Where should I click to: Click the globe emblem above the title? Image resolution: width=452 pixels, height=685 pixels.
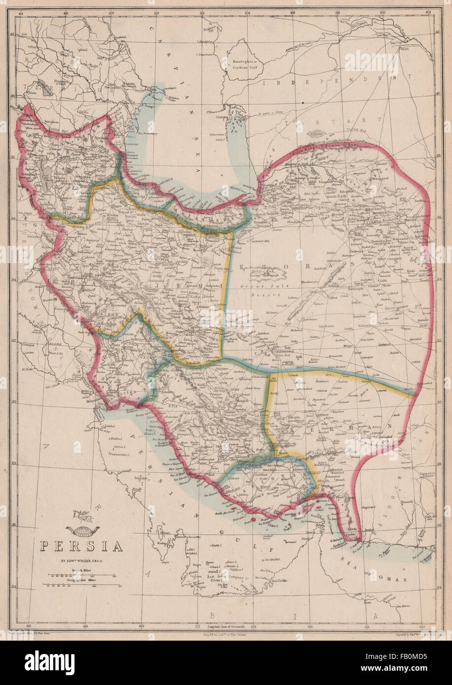tap(83, 529)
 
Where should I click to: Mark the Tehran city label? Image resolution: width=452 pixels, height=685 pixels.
tap(190, 236)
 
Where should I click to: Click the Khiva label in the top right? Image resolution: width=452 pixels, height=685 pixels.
tap(404, 49)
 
